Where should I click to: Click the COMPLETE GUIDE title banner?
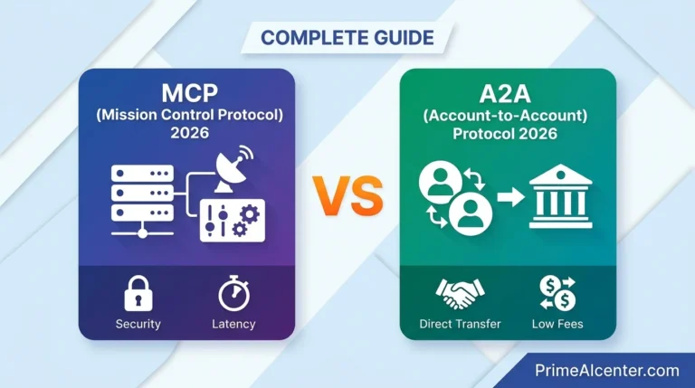point(347,38)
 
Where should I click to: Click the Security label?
point(138,324)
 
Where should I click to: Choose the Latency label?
point(233,324)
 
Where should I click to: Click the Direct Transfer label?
point(460,324)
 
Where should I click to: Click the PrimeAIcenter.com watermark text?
point(606,370)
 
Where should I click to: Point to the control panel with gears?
point(232,218)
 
